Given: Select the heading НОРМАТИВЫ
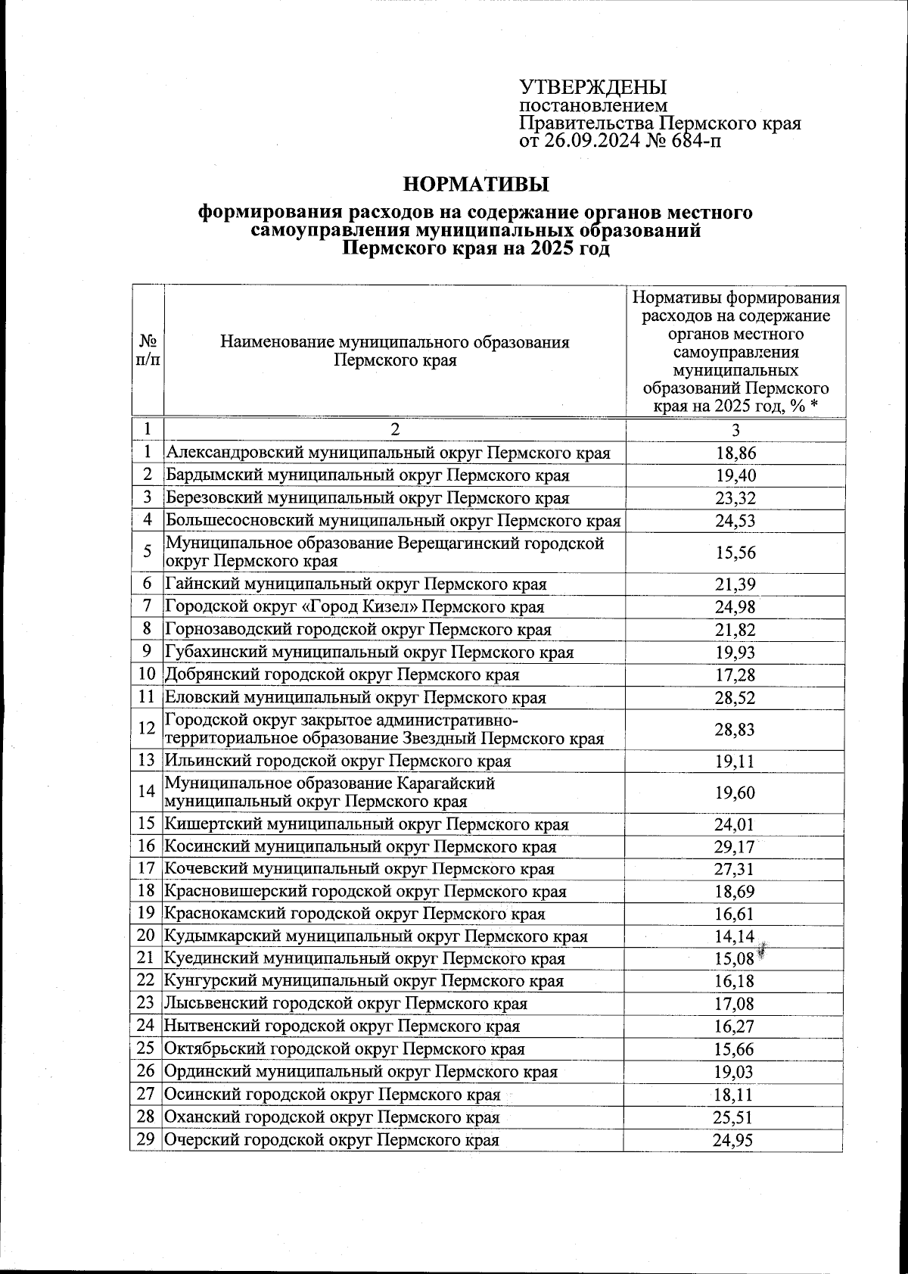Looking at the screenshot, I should coord(476,184).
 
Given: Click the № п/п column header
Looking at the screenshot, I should coord(148,350).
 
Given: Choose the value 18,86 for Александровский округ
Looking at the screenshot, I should coord(735,453).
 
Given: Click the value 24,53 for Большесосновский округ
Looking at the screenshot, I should coord(735,521).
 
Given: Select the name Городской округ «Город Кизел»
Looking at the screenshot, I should coord(354,607).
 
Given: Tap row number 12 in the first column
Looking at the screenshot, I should coord(147,728).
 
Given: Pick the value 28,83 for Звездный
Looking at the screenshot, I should coord(735,730).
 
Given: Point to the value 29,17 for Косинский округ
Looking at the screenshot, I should coord(735,847).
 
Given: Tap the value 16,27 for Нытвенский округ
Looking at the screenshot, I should coord(735,1026).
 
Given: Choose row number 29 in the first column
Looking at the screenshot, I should coord(146,1139).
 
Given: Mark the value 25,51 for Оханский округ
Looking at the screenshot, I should coord(733,1117).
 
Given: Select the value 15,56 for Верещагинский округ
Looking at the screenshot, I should coord(735,553).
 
